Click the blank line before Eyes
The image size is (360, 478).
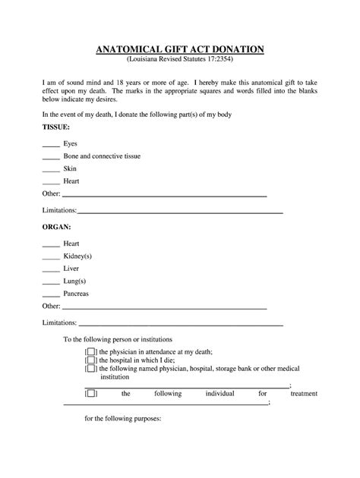pos(51,145)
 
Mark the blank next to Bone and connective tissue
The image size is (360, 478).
pos(51,157)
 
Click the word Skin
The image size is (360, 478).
pos(70,168)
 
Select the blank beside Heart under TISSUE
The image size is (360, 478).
pos(51,183)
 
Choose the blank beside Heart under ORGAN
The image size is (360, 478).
pos(51,245)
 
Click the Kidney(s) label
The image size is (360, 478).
pos(78,256)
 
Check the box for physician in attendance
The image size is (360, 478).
pos(91,352)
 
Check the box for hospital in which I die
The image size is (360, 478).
pos(91,360)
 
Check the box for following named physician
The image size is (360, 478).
pos(91,369)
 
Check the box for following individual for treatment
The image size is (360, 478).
pos(91,394)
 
